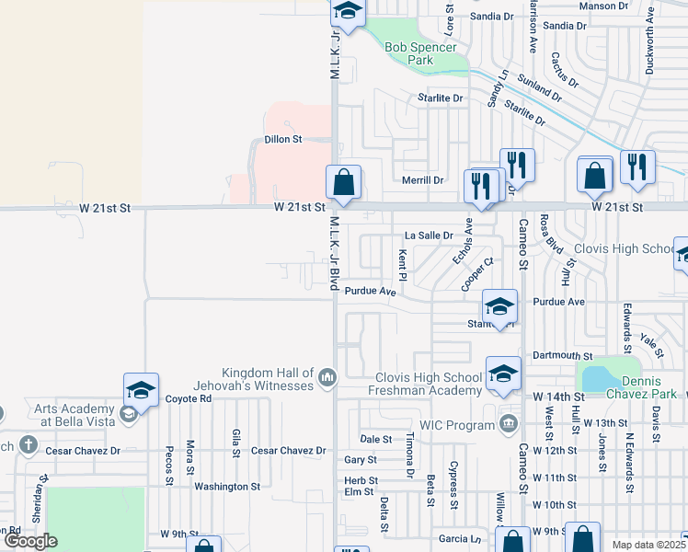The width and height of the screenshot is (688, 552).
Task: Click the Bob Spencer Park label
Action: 420,53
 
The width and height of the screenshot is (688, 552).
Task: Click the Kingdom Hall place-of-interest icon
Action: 327,376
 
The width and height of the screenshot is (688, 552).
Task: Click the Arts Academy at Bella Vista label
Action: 77,415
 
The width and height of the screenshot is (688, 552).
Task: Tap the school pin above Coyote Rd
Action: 142,390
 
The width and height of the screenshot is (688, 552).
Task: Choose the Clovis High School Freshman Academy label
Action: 429,384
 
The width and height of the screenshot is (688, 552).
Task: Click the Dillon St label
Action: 283,139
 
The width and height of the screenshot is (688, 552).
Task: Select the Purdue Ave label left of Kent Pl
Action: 376,292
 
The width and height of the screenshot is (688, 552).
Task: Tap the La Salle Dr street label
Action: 430,236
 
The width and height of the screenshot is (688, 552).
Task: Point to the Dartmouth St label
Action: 563,355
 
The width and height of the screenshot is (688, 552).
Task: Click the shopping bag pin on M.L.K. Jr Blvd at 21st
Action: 344,182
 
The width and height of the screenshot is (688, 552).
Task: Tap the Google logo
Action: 30,541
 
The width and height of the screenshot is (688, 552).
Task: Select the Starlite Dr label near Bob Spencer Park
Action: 439,98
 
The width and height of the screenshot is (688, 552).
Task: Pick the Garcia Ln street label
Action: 460,538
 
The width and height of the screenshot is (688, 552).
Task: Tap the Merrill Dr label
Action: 422,180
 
